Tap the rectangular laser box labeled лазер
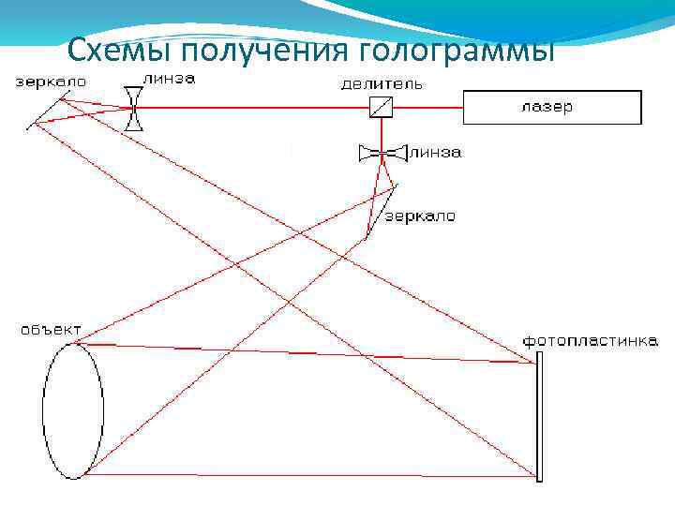[551, 107]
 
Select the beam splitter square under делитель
[381, 107]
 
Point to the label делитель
[382, 84]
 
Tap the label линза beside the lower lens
[434, 152]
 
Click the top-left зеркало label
[51, 82]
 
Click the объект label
[51, 330]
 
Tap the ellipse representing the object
[73, 410]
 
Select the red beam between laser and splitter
[427, 107]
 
